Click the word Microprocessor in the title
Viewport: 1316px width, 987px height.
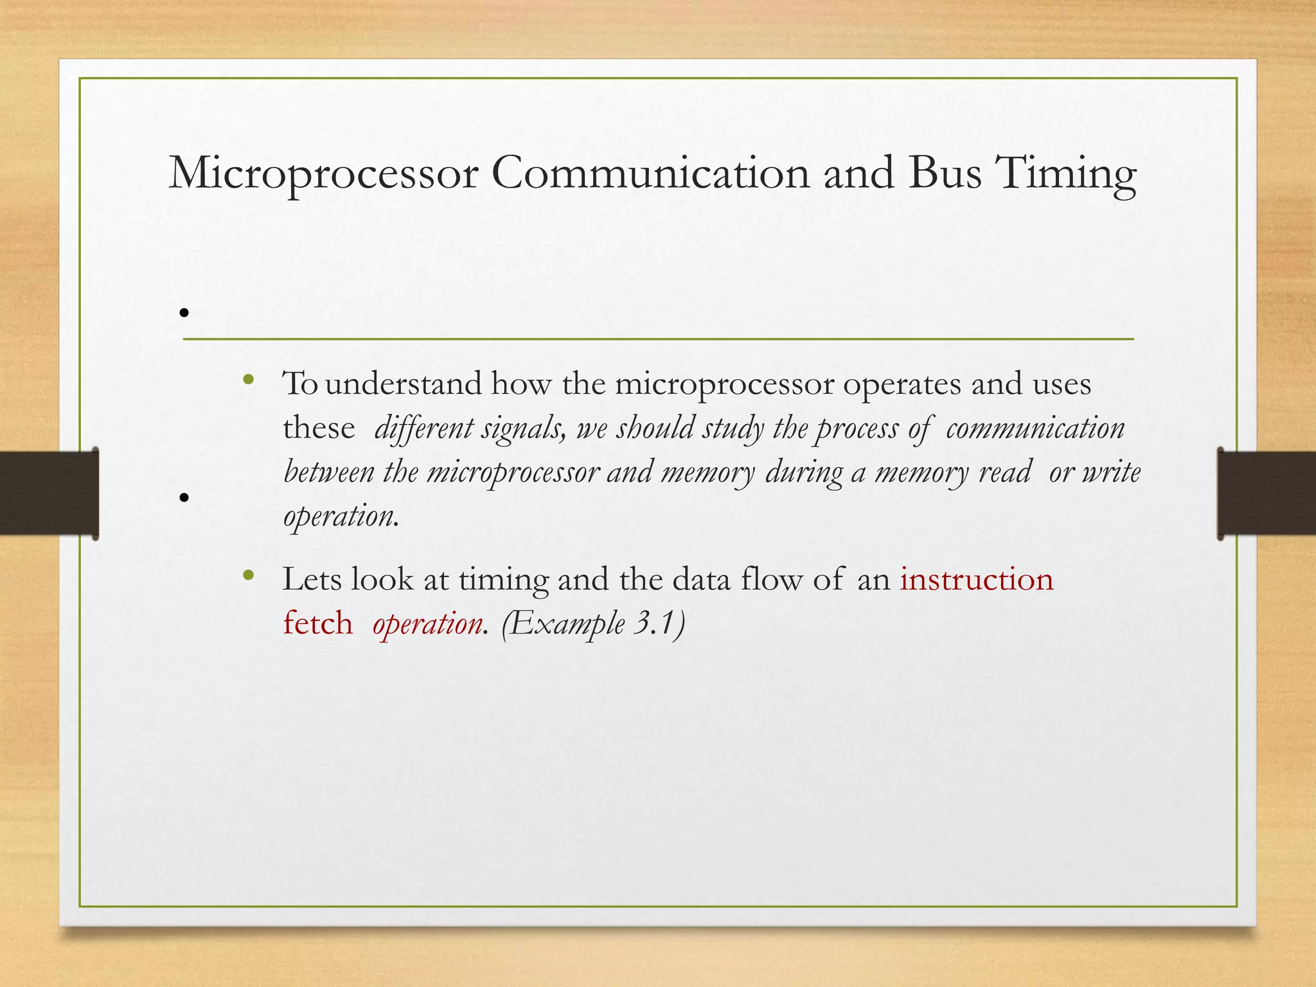tap(323, 173)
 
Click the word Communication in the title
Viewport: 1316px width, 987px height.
tap(650, 173)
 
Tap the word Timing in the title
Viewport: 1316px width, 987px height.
tap(1065, 173)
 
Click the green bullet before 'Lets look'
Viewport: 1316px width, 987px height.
tap(249, 575)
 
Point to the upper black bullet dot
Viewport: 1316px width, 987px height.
tap(184, 313)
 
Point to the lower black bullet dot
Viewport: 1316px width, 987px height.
tap(184, 497)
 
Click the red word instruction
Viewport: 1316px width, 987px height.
tap(976, 579)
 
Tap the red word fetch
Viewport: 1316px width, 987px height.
tap(318, 623)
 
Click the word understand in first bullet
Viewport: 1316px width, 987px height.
tap(403, 384)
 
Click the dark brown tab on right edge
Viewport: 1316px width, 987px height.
tap(1266, 493)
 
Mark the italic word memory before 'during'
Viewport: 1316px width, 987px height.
tap(707, 473)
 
